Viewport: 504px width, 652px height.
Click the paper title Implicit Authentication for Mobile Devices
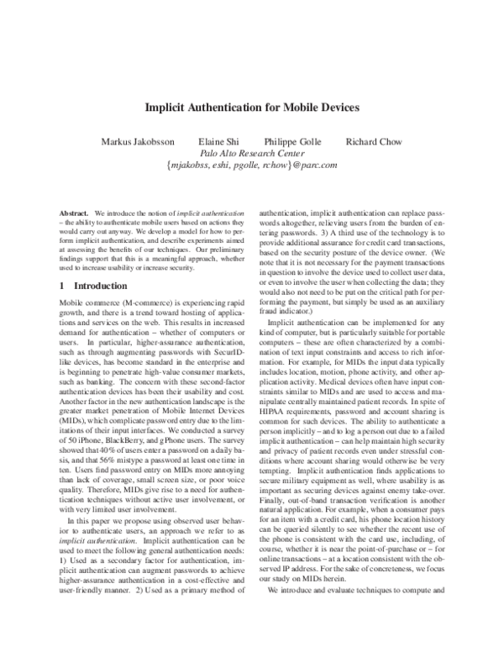point(252,108)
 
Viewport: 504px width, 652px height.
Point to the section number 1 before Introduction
point(66,286)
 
